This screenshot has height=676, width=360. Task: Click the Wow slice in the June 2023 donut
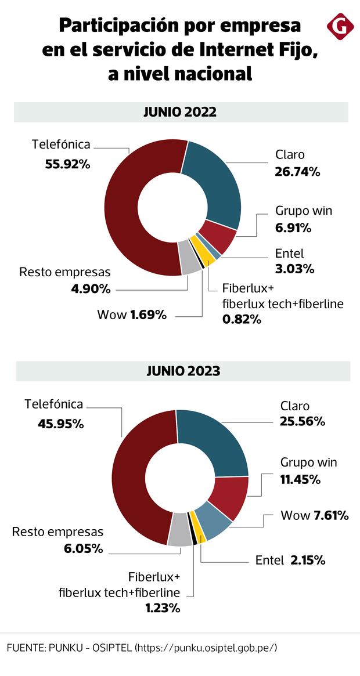point(213,523)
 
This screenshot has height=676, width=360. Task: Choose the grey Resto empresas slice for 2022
point(189,264)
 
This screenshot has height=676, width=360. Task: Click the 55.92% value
point(68,164)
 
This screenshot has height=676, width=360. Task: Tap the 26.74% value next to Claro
point(298,171)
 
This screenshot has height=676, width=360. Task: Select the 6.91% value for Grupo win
point(293,228)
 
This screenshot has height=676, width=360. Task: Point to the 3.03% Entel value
point(294,269)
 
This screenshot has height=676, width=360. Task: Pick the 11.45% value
point(300,479)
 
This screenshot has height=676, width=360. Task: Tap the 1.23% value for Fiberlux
point(160,608)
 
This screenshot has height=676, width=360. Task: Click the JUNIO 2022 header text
point(180,112)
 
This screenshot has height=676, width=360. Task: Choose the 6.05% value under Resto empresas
point(83,548)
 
